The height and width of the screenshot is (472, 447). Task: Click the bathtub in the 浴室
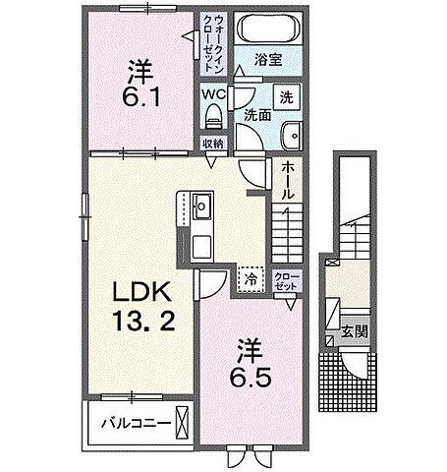tap(268, 29)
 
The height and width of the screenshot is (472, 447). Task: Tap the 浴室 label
tap(268, 60)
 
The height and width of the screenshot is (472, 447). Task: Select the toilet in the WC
tap(213, 116)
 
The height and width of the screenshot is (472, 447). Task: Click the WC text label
tap(214, 94)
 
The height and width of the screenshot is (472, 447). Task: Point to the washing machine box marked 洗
tap(287, 97)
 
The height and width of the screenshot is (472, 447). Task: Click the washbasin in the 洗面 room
tap(293, 136)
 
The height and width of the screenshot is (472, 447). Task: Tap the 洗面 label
tap(258, 115)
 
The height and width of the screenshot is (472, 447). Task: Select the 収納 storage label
tap(213, 144)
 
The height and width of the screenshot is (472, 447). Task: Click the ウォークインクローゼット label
tap(213, 43)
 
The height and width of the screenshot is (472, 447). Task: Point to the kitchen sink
tap(202, 206)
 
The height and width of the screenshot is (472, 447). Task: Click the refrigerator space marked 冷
tap(251, 279)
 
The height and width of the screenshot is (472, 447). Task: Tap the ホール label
tap(287, 180)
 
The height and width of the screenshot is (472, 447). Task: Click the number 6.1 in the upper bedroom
tap(141, 96)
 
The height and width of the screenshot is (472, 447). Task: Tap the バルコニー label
tap(136, 423)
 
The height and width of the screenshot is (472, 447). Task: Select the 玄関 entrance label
tap(355, 331)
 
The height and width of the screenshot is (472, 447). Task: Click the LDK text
tap(141, 292)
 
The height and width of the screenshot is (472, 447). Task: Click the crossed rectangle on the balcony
tap(183, 423)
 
